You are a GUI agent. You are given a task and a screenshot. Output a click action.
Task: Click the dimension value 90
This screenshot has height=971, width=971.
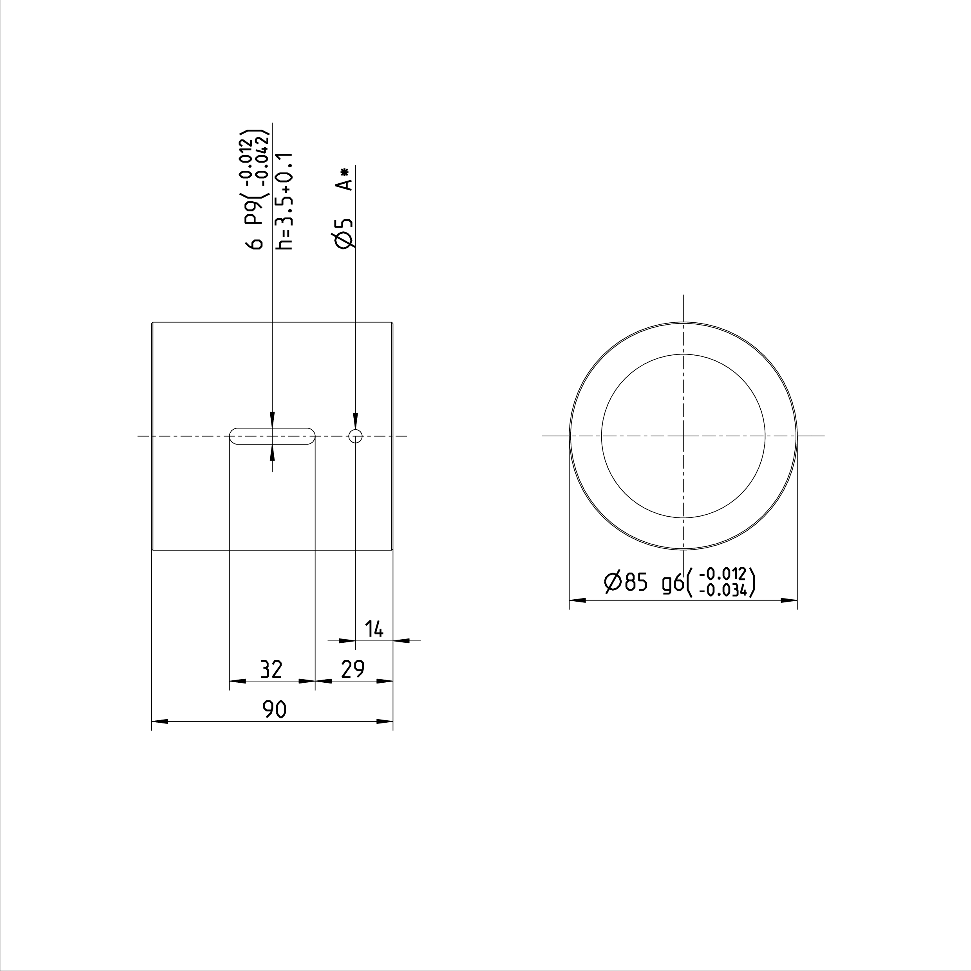(x=275, y=709)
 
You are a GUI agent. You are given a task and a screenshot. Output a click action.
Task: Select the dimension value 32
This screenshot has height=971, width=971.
(x=271, y=669)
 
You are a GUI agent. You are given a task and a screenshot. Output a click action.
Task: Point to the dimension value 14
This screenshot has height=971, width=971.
(x=374, y=629)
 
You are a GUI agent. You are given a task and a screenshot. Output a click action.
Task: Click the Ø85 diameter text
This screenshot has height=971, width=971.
(x=626, y=582)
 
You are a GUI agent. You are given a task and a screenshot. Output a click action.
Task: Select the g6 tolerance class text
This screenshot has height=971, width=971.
(x=673, y=584)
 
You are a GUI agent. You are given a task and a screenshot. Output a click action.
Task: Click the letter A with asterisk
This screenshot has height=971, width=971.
(x=344, y=179)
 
